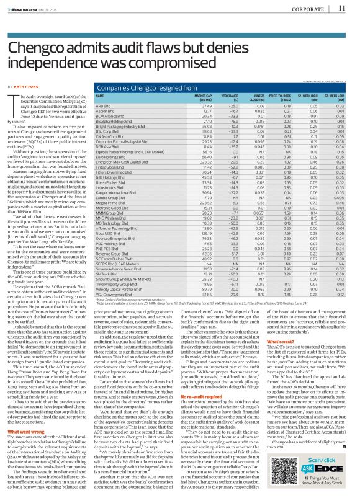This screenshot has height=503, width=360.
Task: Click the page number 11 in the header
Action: point(341,8)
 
